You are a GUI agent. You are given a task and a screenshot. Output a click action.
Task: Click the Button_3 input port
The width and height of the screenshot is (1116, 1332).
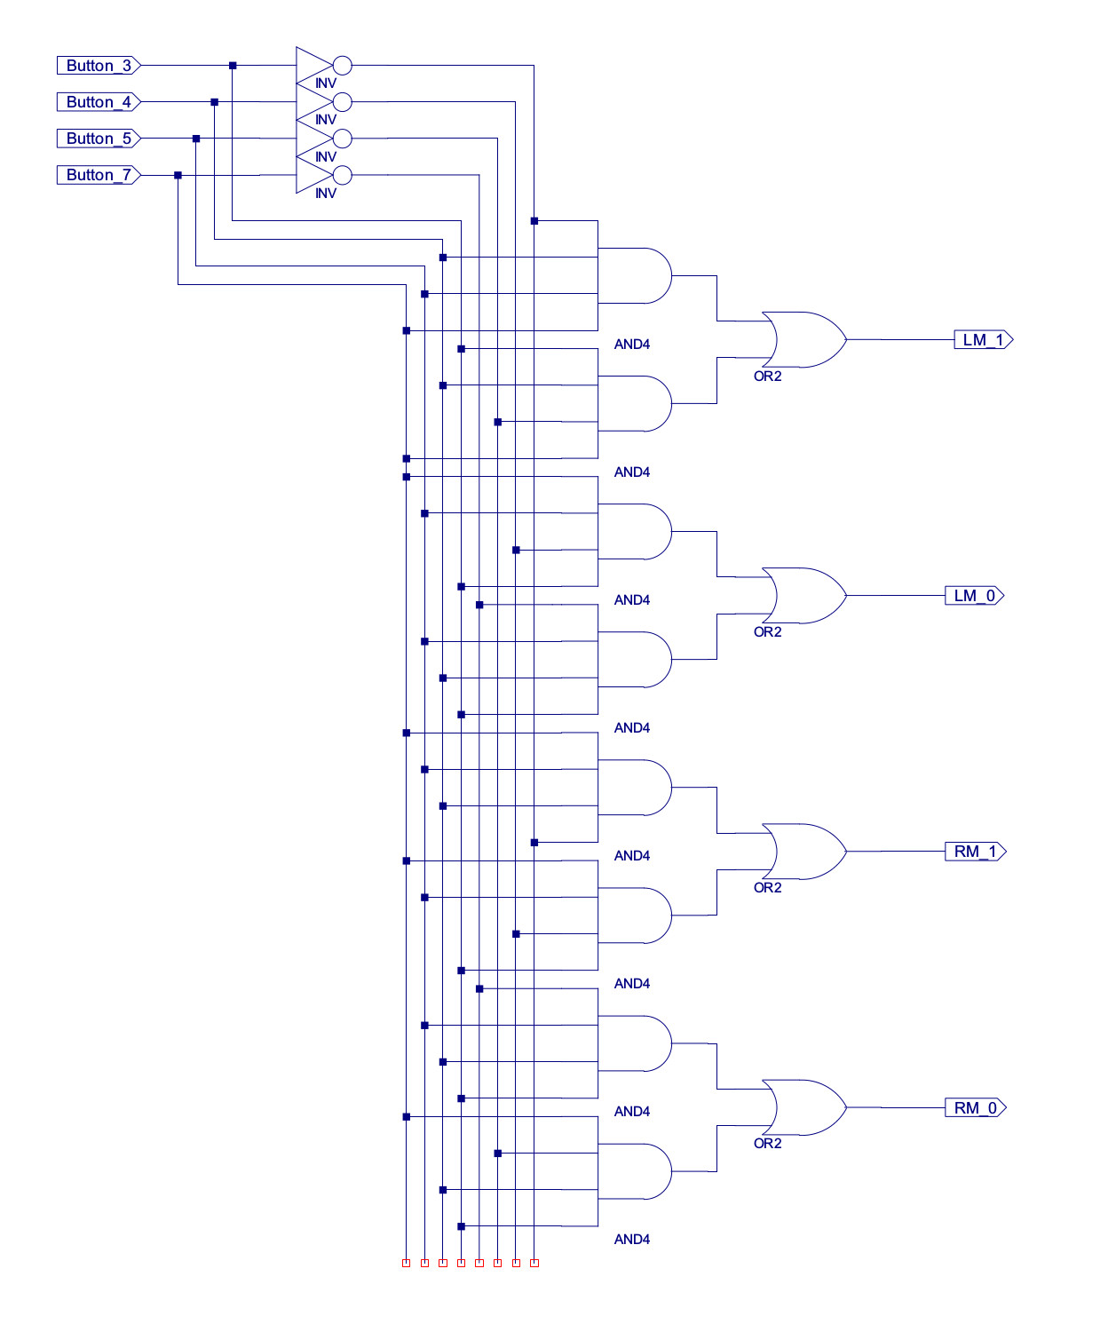pyautogui.click(x=99, y=66)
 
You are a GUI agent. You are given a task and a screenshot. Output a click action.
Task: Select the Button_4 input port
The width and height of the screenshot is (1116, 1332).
pyautogui.click(x=99, y=102)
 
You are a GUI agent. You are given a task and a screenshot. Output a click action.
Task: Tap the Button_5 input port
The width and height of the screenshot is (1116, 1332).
pyautogui.click(x=99, y=139)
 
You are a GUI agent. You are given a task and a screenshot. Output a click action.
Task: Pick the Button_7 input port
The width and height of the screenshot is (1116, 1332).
pyautogui.click(x=99, y=175)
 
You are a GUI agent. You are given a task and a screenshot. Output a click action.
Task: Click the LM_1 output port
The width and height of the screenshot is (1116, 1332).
pyautogui.click(x=983, y=340)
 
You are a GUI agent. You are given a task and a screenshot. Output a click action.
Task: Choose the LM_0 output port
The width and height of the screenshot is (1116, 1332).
pyautogui.click(x=974, y=596)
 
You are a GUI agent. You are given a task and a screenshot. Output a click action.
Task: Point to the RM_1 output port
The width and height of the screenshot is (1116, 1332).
pyautogui.click(x=975, y=852)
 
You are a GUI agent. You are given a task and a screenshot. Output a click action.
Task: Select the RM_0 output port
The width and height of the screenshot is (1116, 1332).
pyautogui.click(x=975, y=1108)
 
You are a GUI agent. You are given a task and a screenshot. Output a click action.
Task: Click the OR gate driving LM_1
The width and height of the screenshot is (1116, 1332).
pyautogui.click(x=804, y=339)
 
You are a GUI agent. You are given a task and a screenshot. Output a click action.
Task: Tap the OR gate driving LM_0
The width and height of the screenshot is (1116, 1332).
pyautogui.click(x=804, y=596)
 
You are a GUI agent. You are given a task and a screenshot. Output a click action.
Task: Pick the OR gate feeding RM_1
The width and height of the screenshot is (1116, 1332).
pyautogui.click(x=804, y=852)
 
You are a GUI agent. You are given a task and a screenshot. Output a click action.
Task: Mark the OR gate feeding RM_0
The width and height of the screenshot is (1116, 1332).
pyautogui.click(x=804, y=1107)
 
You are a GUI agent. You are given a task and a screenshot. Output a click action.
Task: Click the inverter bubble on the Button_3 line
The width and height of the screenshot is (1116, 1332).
pyautogui.click(x=343, y=66)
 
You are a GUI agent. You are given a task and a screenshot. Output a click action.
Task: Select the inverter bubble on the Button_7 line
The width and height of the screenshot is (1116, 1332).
pyautogui.click(x=343, y=175)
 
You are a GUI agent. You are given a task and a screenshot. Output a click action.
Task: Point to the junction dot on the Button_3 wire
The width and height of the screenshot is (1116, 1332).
pyautogui.click(x=233, y=66)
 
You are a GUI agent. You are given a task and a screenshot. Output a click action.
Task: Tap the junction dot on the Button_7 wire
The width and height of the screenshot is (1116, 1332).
pyautogui.click(x=178, y=175)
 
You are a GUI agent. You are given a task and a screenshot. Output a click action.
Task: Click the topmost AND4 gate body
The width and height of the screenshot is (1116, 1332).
pyautogui.click(x=634, y=275)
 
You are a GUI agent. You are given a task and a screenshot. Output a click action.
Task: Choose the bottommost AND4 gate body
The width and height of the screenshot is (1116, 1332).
pyautogui.click(x=634, y=1171)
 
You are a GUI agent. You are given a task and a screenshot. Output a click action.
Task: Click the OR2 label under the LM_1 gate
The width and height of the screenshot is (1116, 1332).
pyautogui.click(x=767, y=377)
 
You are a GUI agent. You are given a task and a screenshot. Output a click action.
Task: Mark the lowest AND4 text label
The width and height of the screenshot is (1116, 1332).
pyautogui.click(x=632, y=1240)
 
